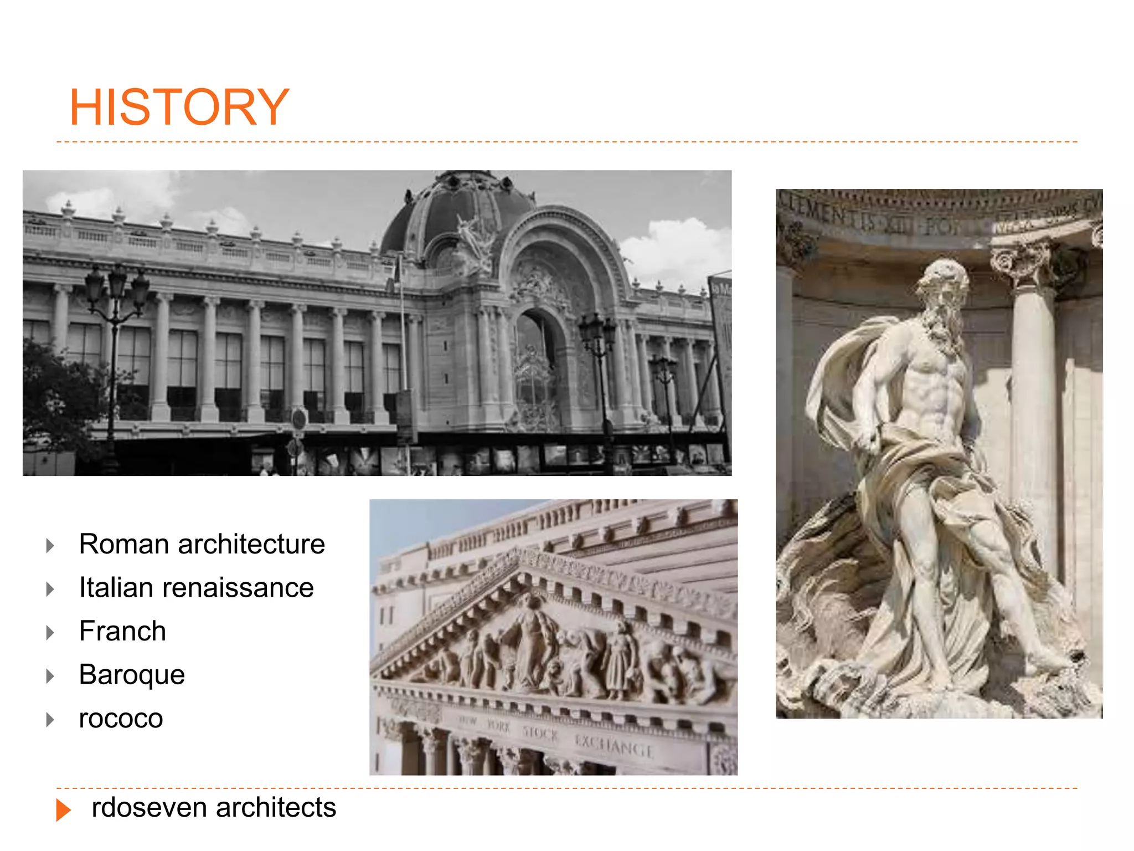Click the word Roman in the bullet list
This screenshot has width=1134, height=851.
123,544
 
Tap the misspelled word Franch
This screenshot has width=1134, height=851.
122,631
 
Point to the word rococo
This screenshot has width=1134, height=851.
121,719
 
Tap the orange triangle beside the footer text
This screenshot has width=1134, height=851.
63,810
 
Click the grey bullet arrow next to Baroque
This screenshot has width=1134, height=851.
50,676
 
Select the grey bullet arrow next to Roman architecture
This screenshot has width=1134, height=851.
50,546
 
